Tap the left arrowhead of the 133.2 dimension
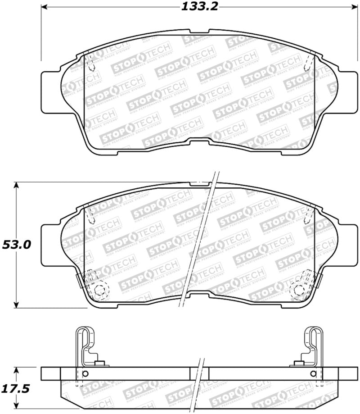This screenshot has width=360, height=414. (45, 7)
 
